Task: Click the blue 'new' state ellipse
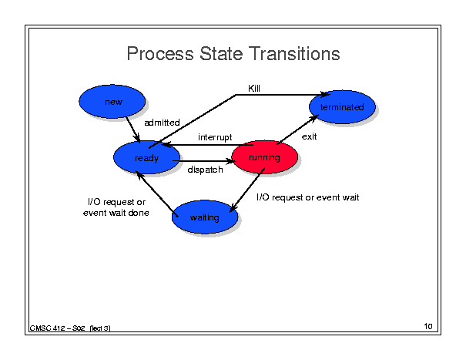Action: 112,102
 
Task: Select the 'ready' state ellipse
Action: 146,157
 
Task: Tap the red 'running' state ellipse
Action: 264,157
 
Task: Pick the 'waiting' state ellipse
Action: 205,217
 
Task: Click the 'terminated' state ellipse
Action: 342,107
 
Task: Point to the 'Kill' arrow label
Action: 254,89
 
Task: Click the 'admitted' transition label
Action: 162,123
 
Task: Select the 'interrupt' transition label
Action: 215,137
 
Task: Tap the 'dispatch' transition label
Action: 205,170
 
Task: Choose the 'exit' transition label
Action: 309,136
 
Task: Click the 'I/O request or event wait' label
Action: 307,197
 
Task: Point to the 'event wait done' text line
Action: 116,213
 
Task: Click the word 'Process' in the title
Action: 160,54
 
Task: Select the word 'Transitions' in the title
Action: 294,54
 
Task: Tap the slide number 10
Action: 428,326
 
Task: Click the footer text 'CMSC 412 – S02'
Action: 57,328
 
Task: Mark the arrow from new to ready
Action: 132,130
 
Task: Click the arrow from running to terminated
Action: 297,130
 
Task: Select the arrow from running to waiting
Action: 247,190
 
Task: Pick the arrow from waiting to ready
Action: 157,193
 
